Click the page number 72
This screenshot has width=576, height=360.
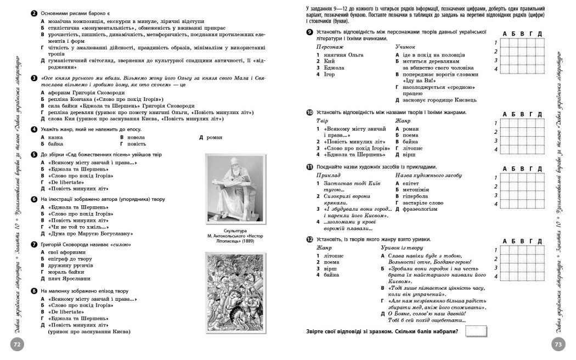pyautogui.click(x=17, y=344)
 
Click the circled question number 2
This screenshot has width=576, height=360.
pyautogui.click(x=34, y=13)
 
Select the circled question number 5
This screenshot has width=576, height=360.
pyautogui.click(x=34, y=155)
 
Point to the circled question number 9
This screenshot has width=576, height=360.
pyautogui.click(x=310, y=33)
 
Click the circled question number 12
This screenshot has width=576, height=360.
pyautogui.click(x=310, y=240)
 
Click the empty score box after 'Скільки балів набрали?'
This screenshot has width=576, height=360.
pyautogui.click(x=476, y=331)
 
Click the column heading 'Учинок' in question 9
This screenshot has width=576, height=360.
pyautogui.click(x=406, y=47)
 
